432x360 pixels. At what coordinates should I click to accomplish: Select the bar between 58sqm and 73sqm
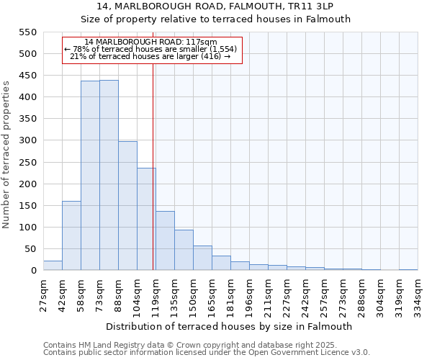tap(90, 176)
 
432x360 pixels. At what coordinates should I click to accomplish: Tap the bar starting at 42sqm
tap(71, 235)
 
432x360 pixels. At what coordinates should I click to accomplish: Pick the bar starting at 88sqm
tap(127, 206)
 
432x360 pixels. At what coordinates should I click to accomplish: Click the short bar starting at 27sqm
tap(53, 266)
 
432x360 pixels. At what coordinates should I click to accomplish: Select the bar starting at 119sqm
tap(165, 240)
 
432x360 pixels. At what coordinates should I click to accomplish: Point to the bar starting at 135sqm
tap(184, 250)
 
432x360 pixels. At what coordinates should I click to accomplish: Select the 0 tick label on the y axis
tap(33, 271)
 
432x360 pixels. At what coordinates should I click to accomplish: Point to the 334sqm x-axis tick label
tap(418, 295)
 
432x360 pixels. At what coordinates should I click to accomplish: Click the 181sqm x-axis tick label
tap(230, 295)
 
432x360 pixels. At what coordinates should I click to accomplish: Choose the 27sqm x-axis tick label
tap(43, 295)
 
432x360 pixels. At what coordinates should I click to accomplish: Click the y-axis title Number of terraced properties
tap(6, 155)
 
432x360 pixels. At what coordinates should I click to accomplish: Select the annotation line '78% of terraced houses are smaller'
tap(150, 49)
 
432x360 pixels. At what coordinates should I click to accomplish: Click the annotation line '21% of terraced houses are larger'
tap(150, 56)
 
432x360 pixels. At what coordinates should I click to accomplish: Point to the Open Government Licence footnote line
tap(207, 352)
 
